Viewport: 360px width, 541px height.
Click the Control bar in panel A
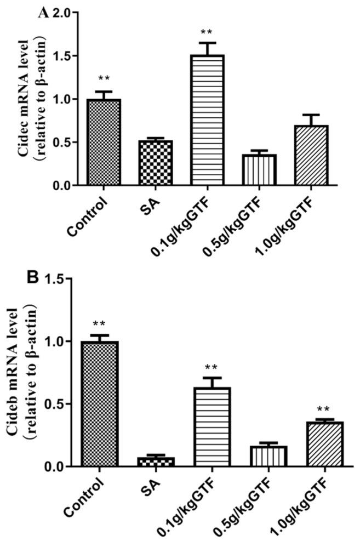(x=100, y=143)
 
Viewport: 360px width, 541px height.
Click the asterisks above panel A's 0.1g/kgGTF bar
(x=207, y=32)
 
